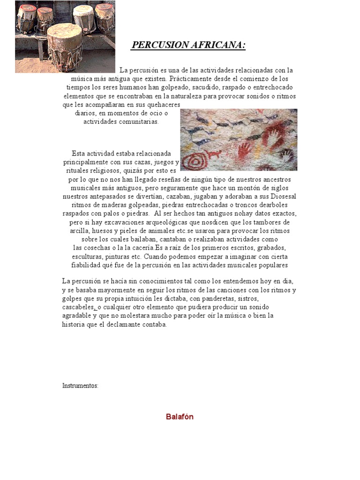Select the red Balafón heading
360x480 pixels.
click(180, 416)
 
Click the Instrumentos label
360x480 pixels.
click(80, 385)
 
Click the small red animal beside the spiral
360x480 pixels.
click(213, 155)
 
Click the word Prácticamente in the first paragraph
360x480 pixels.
click(190, 79)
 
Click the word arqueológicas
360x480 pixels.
click(195, 222)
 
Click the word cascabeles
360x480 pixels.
click(78, 307)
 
